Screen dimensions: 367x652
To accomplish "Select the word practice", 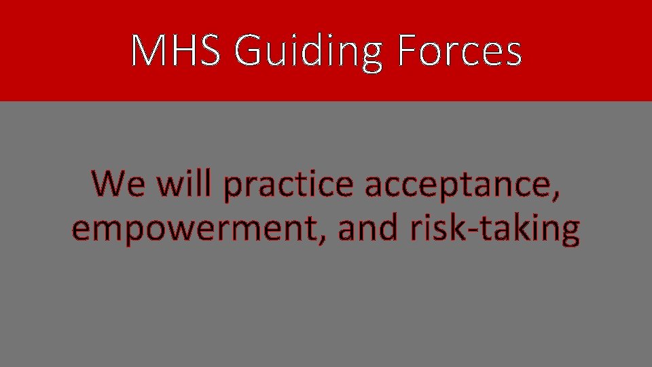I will (288, 185).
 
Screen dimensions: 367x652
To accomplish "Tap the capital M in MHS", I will (149, 51).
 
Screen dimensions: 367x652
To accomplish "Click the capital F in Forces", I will (406, 51).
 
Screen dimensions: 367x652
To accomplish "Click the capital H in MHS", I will (183, 51).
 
